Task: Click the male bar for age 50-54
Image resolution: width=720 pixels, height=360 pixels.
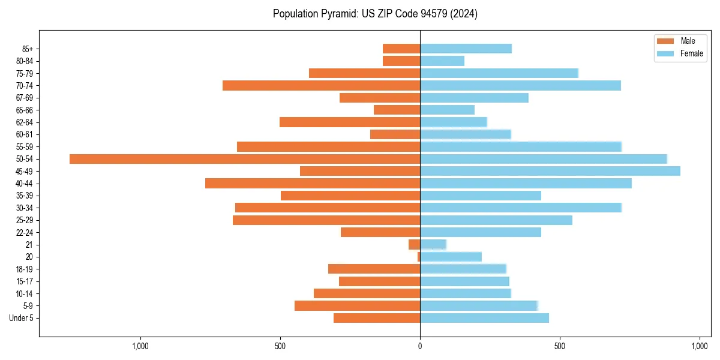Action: (x=245, y=159)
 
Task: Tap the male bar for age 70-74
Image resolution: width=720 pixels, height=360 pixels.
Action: (x=321, y=86)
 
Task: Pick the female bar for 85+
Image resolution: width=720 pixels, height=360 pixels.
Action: (x=466, y=49)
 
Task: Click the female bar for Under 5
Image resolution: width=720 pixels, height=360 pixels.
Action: (x=484, y=318)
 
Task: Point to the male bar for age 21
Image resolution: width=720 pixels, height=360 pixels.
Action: (x=414, y=245)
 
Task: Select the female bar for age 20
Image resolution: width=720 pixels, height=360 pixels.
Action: (x=451, y=257)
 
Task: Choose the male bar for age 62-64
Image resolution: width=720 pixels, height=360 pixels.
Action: (x=350, y=122)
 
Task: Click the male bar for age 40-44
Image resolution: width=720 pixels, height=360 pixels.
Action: (x=313, y=184)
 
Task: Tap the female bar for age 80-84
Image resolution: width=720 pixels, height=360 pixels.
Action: (x=442, y=61)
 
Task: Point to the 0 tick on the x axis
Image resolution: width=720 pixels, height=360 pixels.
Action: (x=420, y=346)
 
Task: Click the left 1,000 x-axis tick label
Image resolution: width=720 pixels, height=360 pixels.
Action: (x=140, y=346)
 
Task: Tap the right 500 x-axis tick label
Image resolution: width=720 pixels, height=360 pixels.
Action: (x=560, y=346)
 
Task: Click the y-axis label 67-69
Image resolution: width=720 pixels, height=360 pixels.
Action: (x=25, y=98)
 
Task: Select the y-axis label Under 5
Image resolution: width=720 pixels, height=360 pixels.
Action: (x=21, y=318)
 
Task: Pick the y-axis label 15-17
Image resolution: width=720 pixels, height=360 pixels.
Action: (x=25, y=281)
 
